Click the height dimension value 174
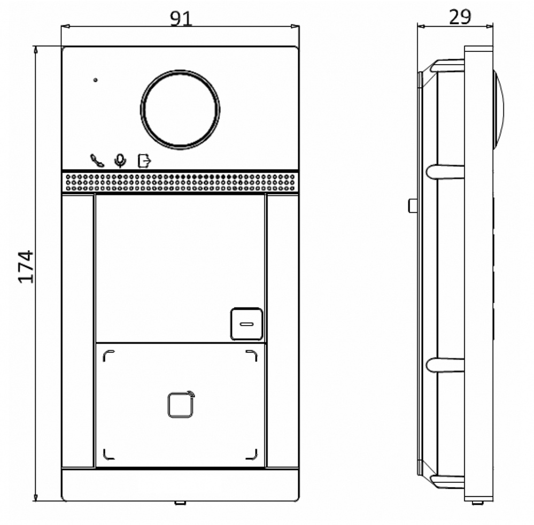pos(26,266)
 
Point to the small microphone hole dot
pos(96,80)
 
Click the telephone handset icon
pos(97,160)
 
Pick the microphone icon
pos(121,160)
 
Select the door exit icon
pos(144,160)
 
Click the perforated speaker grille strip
pos(180,182)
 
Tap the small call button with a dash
pos(246,324)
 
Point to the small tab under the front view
pos(180,503)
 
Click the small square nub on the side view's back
pos(413,206)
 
